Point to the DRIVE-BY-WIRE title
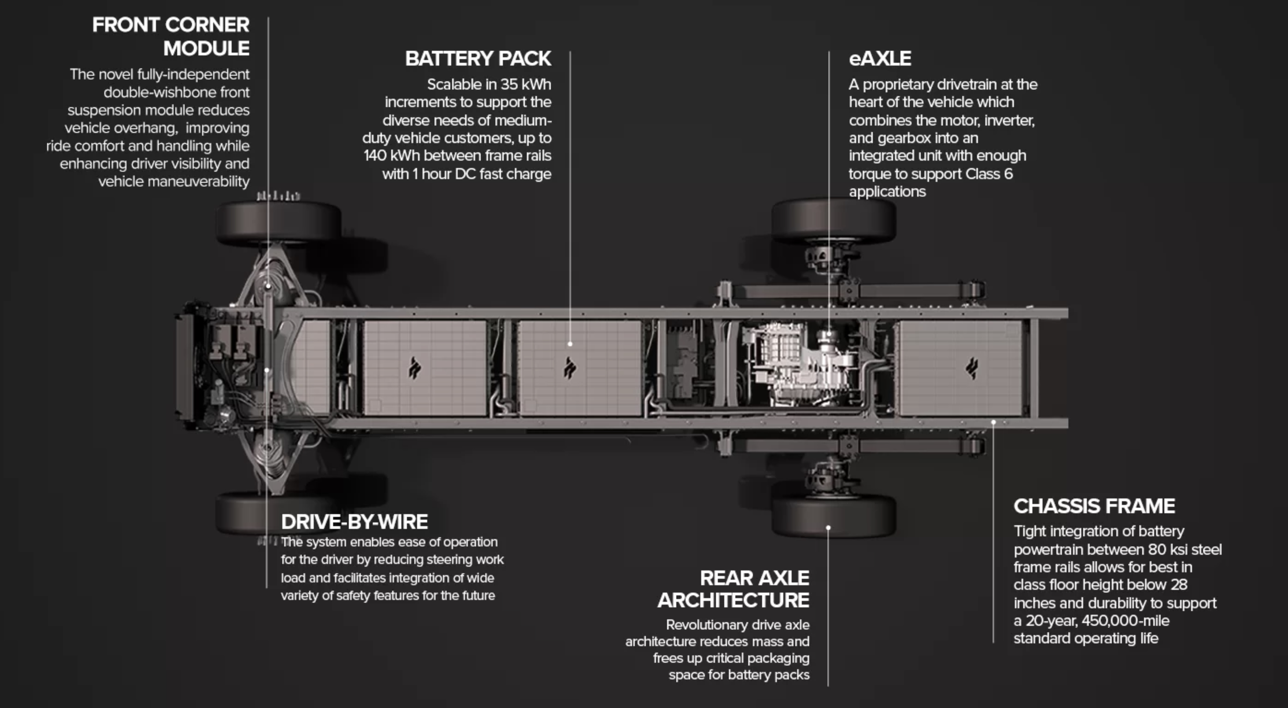(x=354, y=522)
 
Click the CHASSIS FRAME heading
(x=1094, y=506)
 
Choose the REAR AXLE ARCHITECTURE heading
(x=733, y=589)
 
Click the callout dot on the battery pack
(x=570, y=344)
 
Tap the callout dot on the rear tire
(x=828, y=527)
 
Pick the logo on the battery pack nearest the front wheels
(x=414, y=368)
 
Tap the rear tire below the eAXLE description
(x=833, y=221)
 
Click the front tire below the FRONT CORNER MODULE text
(x=279, y=223)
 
